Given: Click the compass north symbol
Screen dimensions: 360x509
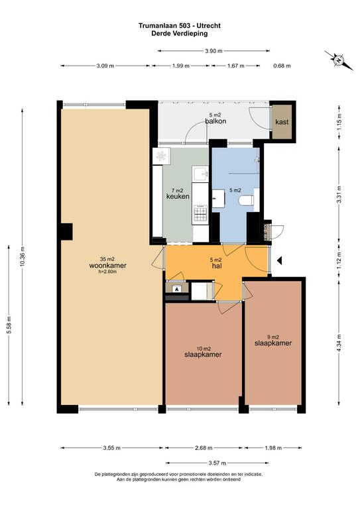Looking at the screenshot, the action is click(x=339, y=60).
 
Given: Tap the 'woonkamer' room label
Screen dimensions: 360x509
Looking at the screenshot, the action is click(x=108, y=266).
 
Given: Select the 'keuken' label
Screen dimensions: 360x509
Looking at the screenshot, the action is click(x=178, y=196).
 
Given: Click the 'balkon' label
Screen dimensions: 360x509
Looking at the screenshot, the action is click(x=215, y=121).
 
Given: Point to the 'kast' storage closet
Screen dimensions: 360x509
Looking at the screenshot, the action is click(x=282, y=122).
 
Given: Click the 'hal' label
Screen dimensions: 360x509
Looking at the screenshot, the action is click(x=217, y=266).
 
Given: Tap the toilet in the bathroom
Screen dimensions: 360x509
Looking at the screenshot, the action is click(x=249, y=201).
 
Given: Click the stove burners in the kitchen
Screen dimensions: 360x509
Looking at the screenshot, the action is click(x=200, y=214).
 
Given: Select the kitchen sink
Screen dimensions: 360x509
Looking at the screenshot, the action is click(x=200, y=174).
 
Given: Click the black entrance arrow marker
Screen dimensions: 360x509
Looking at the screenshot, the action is click(x=280, y=260).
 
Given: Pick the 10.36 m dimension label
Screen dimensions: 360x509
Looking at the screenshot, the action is click(x=22, y=256).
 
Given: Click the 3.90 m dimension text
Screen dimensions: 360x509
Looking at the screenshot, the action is click(x=213, y=50).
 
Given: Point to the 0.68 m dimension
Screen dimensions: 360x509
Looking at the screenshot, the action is click(x=282, y=66).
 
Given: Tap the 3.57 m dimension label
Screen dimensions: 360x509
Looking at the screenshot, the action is click(x=217, y=463).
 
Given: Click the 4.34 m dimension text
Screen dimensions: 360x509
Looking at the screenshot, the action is click(x=339, y=343).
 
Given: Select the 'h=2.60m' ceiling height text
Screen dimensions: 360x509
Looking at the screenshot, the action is click(x=107, y=272).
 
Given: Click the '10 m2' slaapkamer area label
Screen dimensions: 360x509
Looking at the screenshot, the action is click(x=204, y=349).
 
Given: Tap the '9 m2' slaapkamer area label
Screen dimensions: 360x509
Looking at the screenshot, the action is click(x=273, y=337).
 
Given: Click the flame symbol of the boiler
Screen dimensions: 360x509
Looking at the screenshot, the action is click(x=176, y=288).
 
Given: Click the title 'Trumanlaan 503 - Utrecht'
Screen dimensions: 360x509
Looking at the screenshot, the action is click(x=180, y=25).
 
